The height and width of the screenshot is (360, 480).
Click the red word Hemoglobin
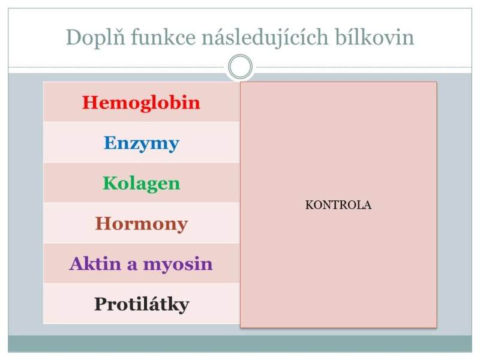coord(141,102)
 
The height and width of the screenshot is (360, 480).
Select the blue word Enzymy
coord(142,143)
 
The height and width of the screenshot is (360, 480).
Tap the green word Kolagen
coord(142,184)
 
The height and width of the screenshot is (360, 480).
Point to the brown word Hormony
coord(142,224)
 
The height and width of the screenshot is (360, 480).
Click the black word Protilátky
coord(142,305)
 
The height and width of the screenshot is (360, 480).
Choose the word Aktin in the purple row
coord(95,263)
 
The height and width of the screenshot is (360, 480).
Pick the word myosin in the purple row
coord(178,264)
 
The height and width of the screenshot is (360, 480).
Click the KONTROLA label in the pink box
coord(338,205)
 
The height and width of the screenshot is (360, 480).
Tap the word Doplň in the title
coord(95,38)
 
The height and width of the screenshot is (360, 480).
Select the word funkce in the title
coord(163,38)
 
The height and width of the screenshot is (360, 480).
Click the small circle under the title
coord(241,67)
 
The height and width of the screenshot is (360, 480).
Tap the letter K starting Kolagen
coord(111,183)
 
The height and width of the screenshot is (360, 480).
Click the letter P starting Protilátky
coord(101,304)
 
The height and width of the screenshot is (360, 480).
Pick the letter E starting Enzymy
coord(111,143)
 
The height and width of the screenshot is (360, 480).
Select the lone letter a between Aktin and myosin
coord(132,266)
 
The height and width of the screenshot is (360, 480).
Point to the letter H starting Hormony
coord(104,223)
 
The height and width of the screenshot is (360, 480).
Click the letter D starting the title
coord(74,37)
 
